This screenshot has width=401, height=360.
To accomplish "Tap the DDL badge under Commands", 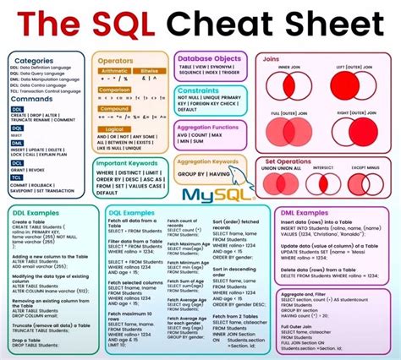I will coord(18,108).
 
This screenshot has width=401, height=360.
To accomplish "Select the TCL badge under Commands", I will coord(18,181).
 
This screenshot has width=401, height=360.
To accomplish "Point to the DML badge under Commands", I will coord(18,144).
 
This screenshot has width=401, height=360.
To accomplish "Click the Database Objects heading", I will coord(209,57).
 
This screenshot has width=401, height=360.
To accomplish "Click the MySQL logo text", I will coord(208,194).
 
